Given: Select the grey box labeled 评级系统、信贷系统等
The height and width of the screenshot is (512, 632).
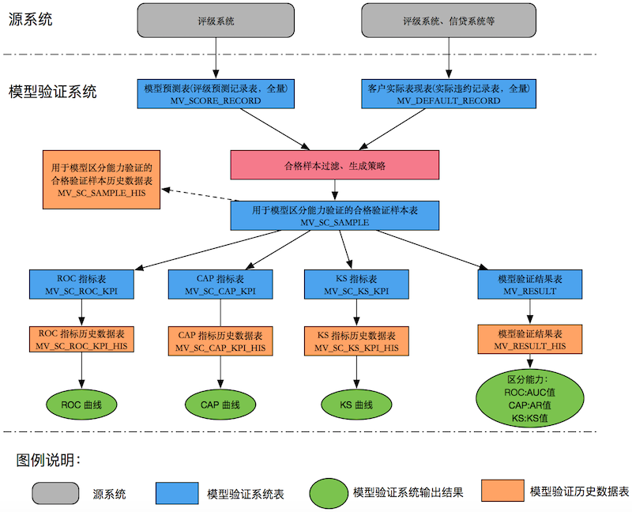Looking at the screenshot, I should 449,20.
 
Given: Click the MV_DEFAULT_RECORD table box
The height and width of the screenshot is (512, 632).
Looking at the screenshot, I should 448,93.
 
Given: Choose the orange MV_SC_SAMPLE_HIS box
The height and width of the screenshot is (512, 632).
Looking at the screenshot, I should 101,179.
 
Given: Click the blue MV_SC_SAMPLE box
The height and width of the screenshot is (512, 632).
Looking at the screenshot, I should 335,216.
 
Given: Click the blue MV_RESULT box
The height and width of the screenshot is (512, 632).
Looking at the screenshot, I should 530,284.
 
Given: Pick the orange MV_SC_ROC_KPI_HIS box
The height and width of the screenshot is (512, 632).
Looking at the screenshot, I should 82,339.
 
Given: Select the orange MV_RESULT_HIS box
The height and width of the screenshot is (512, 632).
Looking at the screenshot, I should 530,339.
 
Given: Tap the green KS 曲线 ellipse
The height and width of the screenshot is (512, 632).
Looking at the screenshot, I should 356,405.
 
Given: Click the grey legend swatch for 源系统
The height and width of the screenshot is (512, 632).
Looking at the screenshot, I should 55,493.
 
